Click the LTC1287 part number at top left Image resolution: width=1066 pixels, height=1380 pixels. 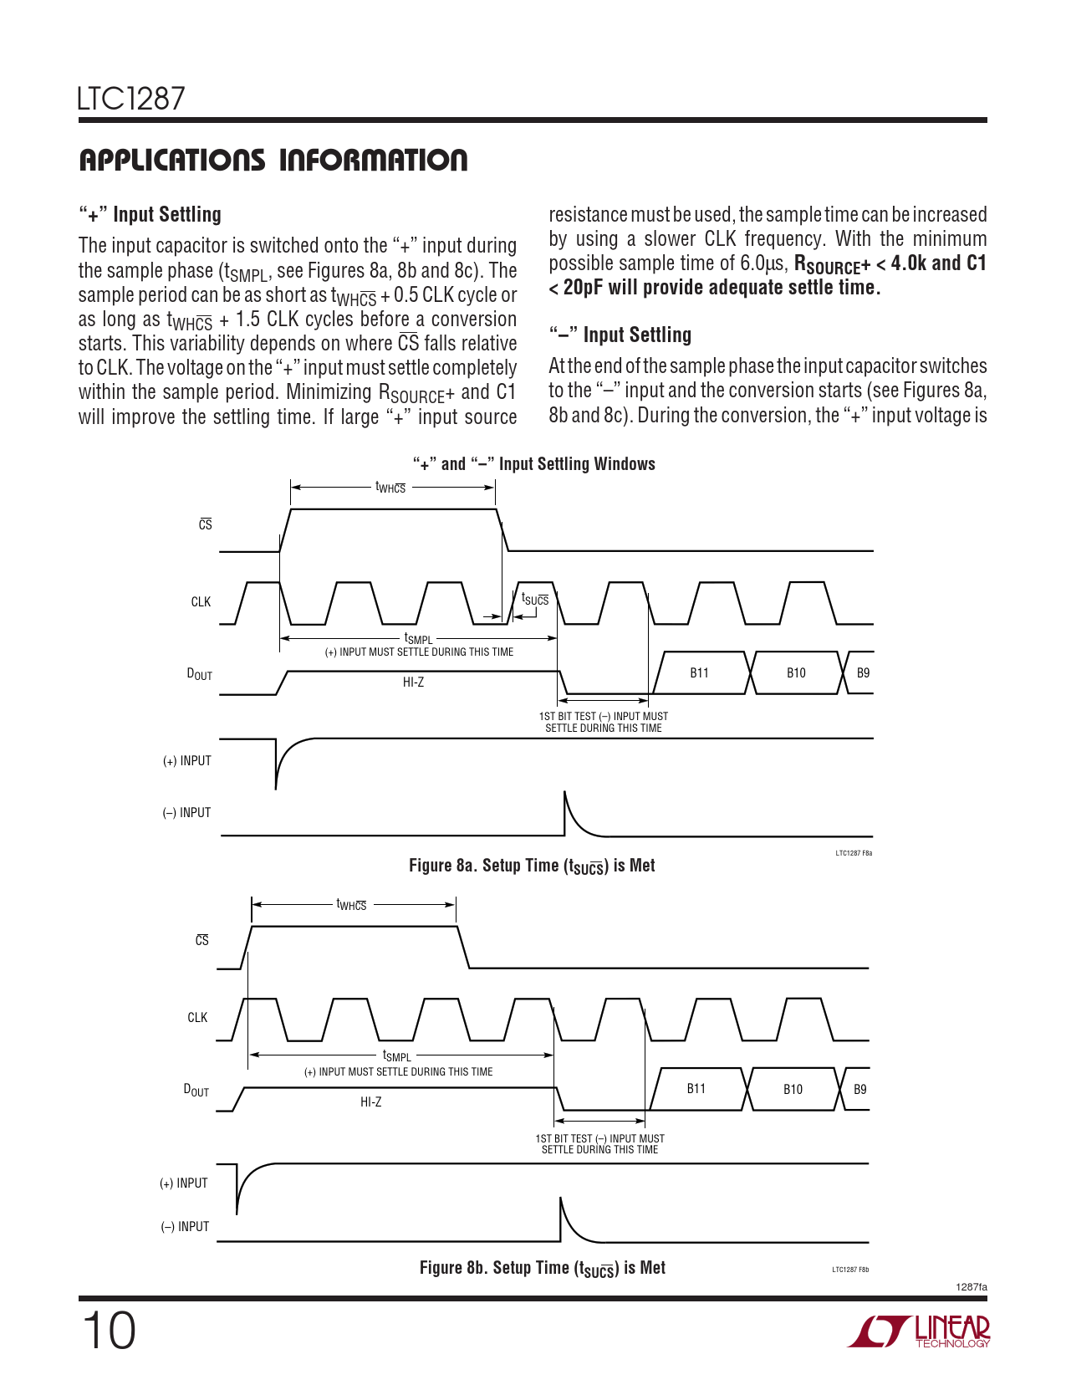tap(131, 99)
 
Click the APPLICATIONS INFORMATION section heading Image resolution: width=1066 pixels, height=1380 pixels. tap(273, 160)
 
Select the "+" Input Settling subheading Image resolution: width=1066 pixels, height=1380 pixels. tap(150, 215)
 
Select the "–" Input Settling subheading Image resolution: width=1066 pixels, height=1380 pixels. tap(620, 335)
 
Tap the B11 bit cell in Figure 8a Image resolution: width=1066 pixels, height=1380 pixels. tap(699, 673)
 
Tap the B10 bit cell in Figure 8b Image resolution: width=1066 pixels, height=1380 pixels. tap(793, 1089)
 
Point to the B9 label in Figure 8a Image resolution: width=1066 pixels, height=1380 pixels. tap(863, 673)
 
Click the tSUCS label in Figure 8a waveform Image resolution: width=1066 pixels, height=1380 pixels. tap(535, 599)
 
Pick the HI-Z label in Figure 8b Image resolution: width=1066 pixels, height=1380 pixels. tap(370, 1102)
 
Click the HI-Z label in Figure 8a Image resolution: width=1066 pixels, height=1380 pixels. tap(413, 682)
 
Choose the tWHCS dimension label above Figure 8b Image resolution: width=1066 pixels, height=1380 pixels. tap(351, 904)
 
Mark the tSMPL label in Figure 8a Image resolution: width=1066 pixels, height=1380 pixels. tap(419, 639)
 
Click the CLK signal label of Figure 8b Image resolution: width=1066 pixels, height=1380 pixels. tap(197, 1018)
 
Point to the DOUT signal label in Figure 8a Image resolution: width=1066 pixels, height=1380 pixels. tap(200, 674)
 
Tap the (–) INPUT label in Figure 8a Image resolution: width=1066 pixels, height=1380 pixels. tap(186, 813)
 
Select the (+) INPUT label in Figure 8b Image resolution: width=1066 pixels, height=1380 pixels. tap(184, 1183)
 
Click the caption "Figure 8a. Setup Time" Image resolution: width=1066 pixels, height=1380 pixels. tap(532, 866)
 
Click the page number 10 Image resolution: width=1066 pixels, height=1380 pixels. tap(109, 1331)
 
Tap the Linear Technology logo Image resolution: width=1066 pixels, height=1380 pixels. tap(920, 1331)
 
